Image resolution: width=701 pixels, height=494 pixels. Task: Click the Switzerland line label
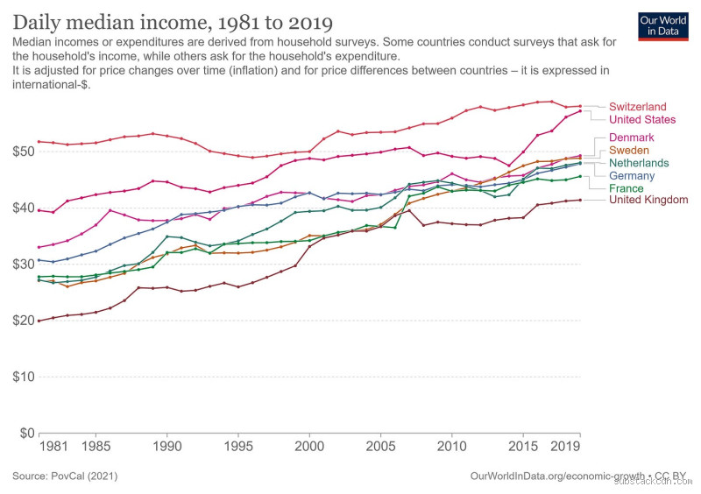tap(637, 107)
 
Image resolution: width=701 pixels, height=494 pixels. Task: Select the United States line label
tap(642, 120)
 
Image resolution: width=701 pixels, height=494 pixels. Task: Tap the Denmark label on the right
tap(631, 138)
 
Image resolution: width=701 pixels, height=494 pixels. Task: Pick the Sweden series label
tap(629, 151)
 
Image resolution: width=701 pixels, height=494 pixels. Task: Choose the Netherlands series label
tap(639, 163)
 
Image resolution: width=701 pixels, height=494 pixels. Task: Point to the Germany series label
tap(632, 176)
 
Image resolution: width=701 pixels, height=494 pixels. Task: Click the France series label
tap(626, 188)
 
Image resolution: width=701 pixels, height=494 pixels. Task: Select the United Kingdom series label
tap(648, 201)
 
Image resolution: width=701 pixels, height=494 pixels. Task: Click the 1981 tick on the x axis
tap(53, 447)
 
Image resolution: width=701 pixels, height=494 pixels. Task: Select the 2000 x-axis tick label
tap(309, 447)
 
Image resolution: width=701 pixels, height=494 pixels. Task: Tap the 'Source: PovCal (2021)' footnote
tap(65, 476)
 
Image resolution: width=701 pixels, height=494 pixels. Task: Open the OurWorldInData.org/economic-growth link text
tap(543, 476)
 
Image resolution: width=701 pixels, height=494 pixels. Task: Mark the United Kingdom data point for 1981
tap(39, 321)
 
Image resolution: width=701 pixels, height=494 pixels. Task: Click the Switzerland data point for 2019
tap(580, 106)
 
